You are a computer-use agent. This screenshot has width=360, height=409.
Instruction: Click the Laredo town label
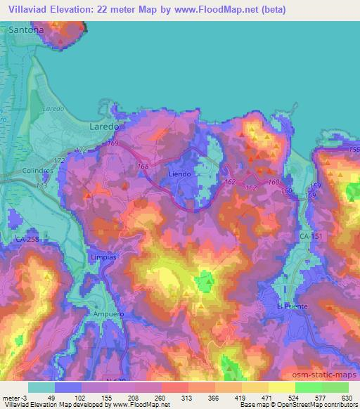click(x=105, y=126)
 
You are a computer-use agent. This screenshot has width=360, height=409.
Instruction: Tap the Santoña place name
click(x=27, y=31)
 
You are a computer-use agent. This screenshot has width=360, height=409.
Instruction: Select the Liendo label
click(x=181, y=172)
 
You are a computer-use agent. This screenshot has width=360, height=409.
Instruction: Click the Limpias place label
click(x=103, y=258)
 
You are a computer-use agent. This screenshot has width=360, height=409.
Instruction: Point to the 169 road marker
click(x=112, y=143)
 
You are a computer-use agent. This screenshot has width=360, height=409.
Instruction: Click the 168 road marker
click(x=143, y=167)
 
